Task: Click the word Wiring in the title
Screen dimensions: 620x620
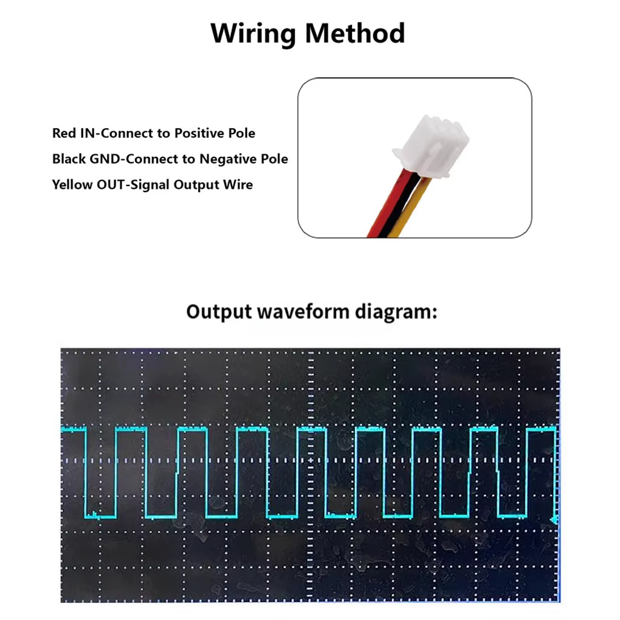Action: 253,34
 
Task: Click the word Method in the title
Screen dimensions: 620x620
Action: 355,33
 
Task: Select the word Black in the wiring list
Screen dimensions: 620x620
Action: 69,159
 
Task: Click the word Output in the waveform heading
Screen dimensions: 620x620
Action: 219,312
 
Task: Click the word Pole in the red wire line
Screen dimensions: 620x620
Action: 241,133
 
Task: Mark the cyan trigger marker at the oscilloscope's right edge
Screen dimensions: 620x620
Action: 555,520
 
